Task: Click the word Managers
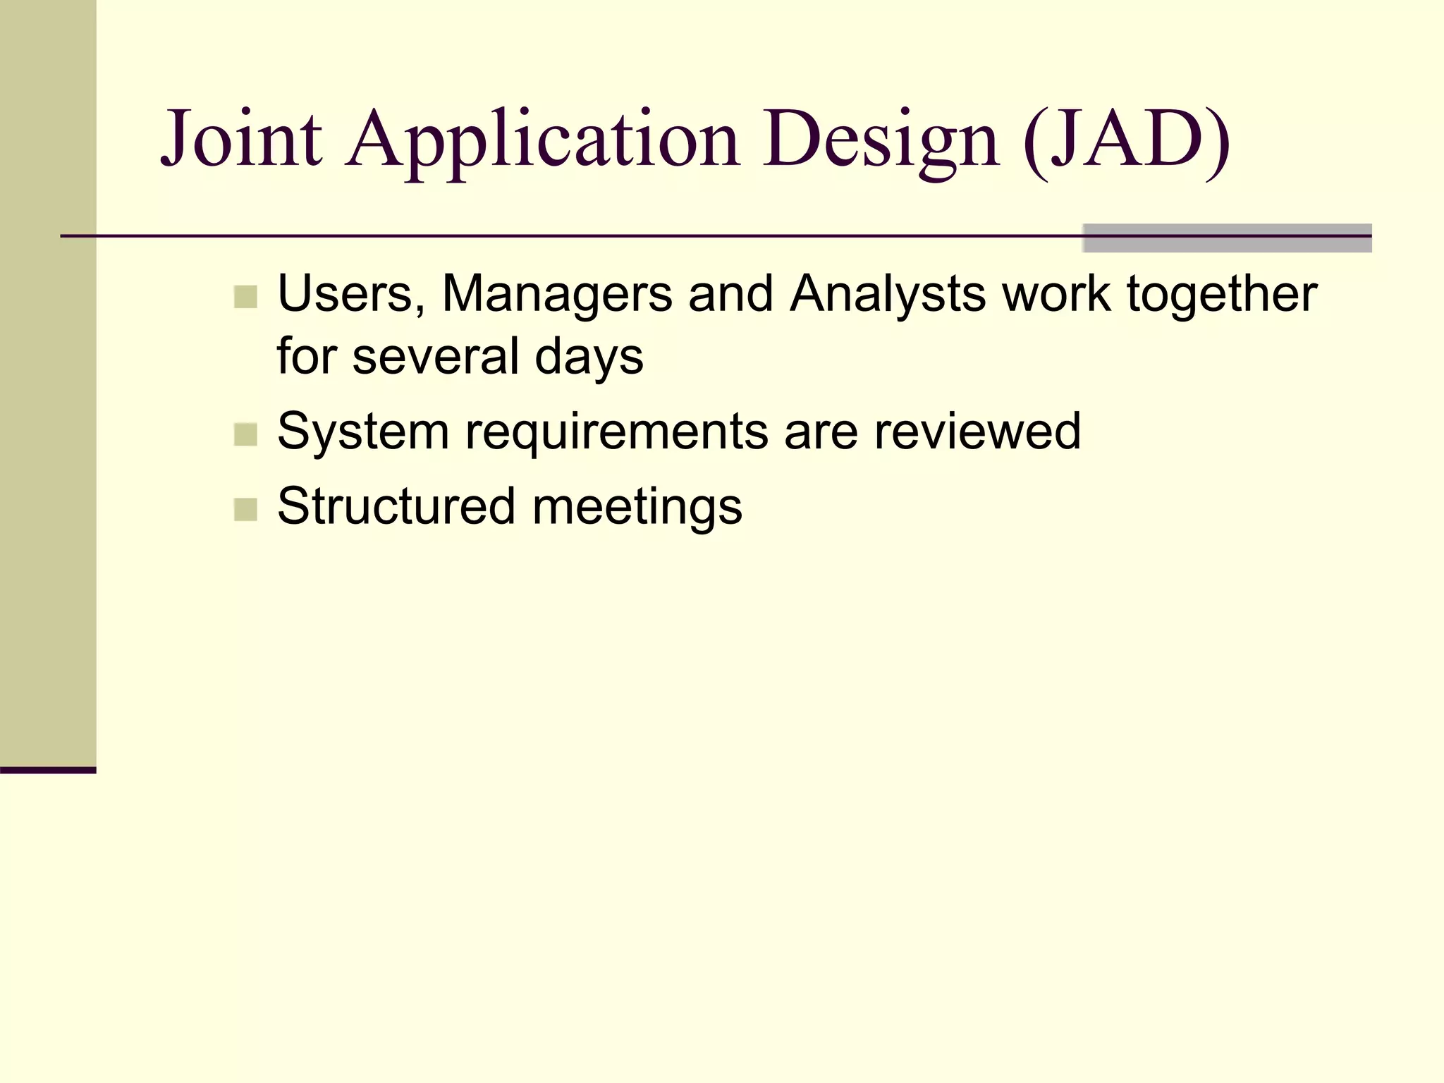point(557,293)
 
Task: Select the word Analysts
point(888,293)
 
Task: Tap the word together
point(1222,293)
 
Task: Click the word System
point(363,431)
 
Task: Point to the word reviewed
point(977,431)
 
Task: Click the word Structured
point(396,506)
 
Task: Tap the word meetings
point(637,506)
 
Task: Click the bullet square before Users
point(245,297)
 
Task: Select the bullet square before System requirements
point(245,434)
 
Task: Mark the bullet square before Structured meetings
point(245,509)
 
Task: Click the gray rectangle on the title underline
point(1227,238)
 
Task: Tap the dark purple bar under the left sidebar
point(48,770)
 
